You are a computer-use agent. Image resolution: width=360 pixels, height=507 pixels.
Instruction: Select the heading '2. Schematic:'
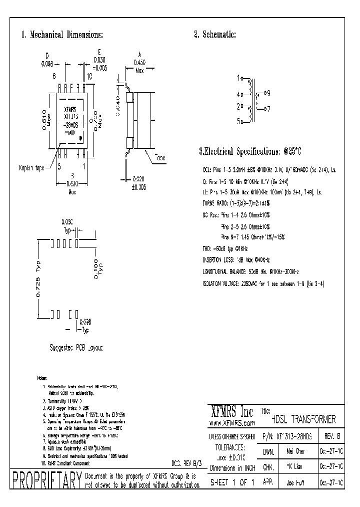pos(215,35)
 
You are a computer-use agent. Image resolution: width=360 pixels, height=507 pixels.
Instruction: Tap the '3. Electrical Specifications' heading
pos(250,151)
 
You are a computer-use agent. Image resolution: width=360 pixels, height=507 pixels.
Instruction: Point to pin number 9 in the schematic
pos(268,93)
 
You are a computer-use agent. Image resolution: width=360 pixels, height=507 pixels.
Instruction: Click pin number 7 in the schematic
pos(268,108)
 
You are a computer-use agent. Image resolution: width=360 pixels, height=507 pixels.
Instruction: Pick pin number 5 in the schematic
pos(238,121)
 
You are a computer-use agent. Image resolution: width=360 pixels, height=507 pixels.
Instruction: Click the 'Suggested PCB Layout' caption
pos(77,347)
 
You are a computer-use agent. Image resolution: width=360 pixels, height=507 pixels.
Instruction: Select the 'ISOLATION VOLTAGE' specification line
pos(259,283)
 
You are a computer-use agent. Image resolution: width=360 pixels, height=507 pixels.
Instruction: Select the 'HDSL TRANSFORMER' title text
pos(303,419)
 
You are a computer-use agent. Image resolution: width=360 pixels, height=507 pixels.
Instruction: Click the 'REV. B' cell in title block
pos(332,436)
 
